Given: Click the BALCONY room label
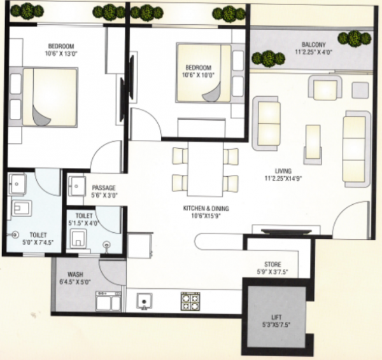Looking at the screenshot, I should (314, 44).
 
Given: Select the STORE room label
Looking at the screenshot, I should (272, 265).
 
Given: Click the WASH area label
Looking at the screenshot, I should (67, 275).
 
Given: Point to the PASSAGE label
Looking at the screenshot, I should (104, 188).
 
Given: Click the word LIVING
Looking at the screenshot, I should (283, 170).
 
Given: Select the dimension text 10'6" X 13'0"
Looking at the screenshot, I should (61, 54).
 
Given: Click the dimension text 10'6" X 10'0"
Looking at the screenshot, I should (201, 75).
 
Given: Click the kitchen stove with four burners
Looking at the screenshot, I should (190, 300).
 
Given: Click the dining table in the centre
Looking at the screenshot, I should (206, 168).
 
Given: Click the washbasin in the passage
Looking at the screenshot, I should (78, 186).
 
